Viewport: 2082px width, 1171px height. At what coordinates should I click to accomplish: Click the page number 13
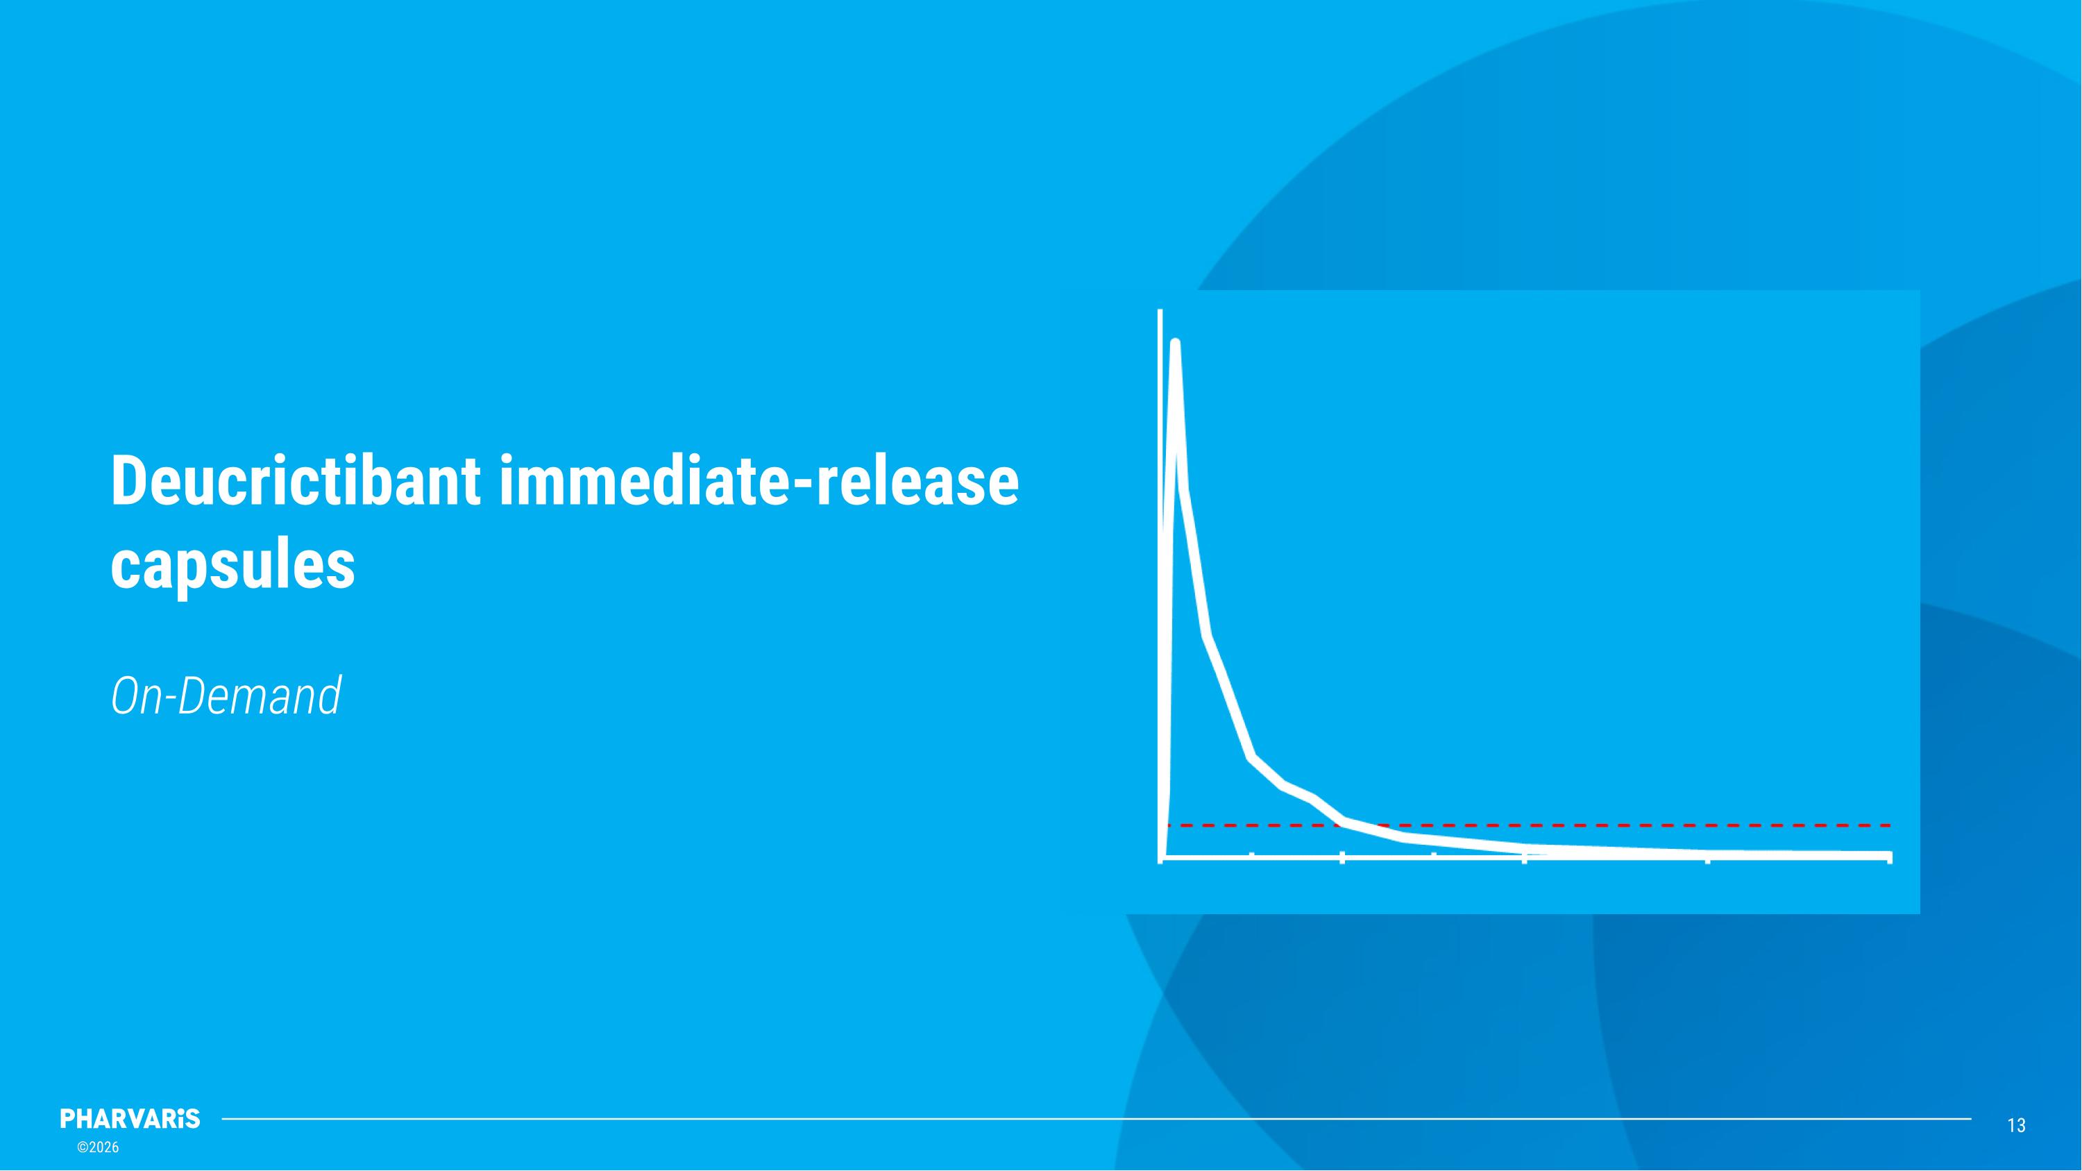(2017, 1125)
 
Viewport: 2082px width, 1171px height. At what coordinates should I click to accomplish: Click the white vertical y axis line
(1160, 566)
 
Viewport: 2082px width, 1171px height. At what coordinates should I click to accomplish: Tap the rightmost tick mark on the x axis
(1889, 857)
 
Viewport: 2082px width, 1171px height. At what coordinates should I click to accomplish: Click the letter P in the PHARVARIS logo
(68, 1119)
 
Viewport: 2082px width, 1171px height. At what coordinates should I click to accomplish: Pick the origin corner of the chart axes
(1162, 857)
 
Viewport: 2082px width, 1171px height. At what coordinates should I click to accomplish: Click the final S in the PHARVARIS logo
(192, 1119)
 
